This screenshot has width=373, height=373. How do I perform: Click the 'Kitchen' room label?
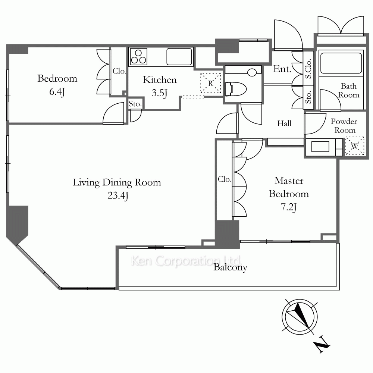tap(160, 80)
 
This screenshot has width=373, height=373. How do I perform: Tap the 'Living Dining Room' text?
tap(117, 183)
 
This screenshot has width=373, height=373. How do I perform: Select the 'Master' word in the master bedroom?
tap(289, 181)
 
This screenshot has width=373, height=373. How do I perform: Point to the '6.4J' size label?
tap(57, 92)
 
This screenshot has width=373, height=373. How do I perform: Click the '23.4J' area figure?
tap(118, 195)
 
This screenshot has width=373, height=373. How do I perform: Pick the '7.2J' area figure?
tap(289, 207)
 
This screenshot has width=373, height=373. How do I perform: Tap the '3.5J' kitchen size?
tap(160, 93)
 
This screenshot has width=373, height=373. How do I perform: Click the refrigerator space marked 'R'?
tap(211, 83)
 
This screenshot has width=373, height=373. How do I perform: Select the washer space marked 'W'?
tap(355, 146)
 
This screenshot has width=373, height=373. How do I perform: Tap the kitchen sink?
tap(179, 57)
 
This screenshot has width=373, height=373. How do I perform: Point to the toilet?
tap(236, 89)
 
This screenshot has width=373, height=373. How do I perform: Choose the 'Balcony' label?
tap(230, 267)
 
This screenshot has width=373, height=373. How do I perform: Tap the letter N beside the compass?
tap(322, 344)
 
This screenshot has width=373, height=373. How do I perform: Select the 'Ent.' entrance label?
tap(282, 69)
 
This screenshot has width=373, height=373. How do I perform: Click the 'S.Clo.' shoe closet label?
tap(308, 69)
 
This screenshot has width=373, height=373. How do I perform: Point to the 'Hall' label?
tap(284, 123)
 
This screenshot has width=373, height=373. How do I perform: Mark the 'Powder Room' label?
tap(344, 126)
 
